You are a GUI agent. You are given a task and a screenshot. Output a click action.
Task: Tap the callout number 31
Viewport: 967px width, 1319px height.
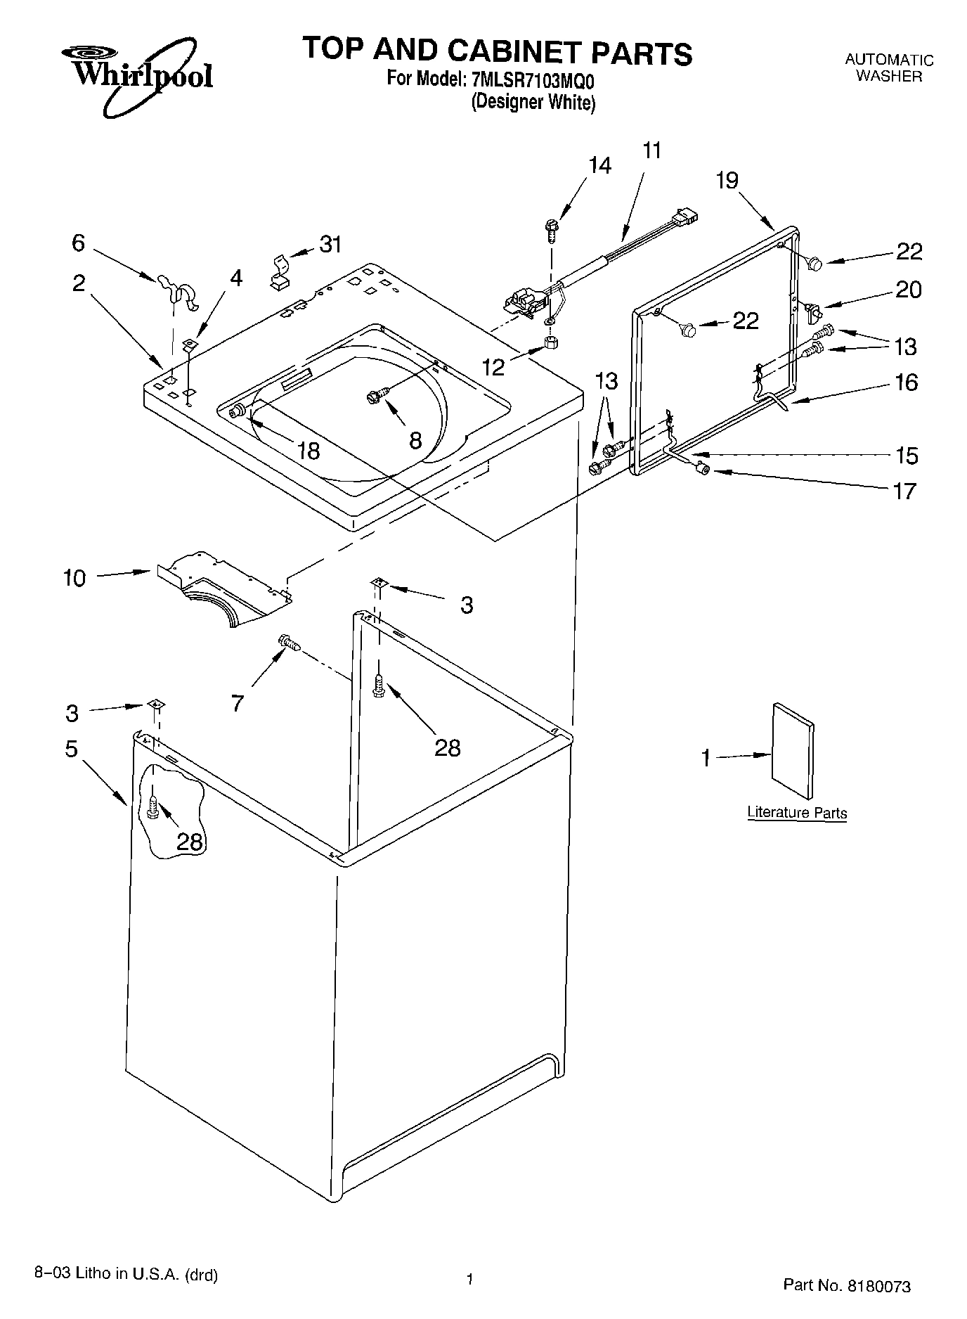(330, 245)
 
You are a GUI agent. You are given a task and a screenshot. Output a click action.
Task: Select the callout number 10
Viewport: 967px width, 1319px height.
(74, 578)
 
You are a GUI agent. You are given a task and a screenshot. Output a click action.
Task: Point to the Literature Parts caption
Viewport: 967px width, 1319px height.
(796, 813)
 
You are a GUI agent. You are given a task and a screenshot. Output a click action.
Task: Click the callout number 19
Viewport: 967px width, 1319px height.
(727, 181)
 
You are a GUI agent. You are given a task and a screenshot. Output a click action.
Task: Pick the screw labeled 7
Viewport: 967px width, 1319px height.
(289, 643)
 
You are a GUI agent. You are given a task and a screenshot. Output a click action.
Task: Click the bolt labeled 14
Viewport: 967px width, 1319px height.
(550, 229)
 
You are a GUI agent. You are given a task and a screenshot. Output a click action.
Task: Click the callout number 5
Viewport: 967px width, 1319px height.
(71, 749)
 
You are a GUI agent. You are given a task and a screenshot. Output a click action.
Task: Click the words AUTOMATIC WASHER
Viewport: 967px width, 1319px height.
(888, 68)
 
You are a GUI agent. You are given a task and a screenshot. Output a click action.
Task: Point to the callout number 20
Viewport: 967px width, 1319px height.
(908, 290)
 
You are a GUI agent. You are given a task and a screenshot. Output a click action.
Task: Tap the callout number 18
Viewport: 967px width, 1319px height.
(308, 450)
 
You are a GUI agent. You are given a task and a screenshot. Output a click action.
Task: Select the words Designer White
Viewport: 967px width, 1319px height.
(533, 103)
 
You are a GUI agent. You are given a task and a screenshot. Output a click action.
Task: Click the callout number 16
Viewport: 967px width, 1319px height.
(907, 382)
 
